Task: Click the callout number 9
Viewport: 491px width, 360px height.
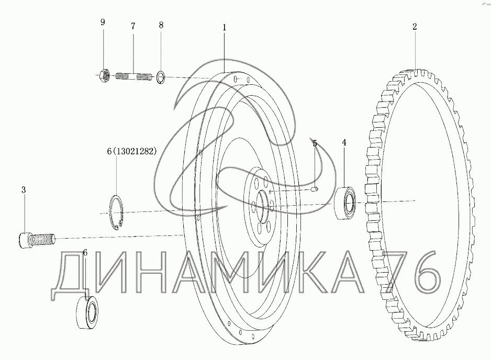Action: [103, 22]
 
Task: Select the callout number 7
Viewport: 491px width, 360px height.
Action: [133, 26]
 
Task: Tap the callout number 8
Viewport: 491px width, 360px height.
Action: [161, 25]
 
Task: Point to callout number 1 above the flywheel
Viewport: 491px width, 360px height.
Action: [224, 28]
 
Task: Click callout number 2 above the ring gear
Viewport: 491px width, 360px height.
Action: [415, 27]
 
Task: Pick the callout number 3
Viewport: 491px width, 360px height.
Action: [24, 190]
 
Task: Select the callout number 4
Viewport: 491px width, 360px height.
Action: [344, 142]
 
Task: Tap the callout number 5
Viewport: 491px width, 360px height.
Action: [315, 143]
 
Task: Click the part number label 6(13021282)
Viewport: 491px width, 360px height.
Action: [131, 151]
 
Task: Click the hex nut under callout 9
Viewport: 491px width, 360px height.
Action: [104, 76]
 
